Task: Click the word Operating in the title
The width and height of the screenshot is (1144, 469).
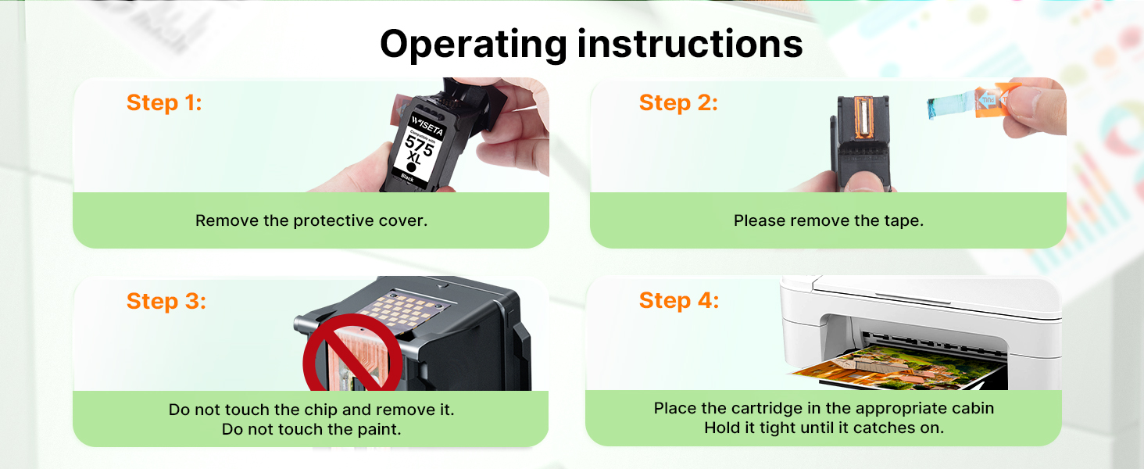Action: [x=474, y=45]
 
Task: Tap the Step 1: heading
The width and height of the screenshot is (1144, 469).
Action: [x=164, y=102]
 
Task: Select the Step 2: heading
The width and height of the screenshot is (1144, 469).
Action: [x=678, y=102]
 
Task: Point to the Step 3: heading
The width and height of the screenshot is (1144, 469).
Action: [x=166, y=301]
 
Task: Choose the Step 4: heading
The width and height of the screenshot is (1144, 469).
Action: [x=679, y=300]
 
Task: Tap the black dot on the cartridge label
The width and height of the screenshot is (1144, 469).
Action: [x=411, y=166]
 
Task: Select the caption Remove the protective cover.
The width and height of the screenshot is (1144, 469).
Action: [x=311, y=220]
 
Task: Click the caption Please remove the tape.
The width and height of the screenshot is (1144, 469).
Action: [x=828, y=220]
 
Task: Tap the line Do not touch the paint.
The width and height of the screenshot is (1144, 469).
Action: [x=311, y=429]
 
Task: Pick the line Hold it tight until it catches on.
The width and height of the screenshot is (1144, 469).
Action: [x=824, y=428]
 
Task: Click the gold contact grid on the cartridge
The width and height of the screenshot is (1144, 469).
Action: [x=403, y=310]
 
